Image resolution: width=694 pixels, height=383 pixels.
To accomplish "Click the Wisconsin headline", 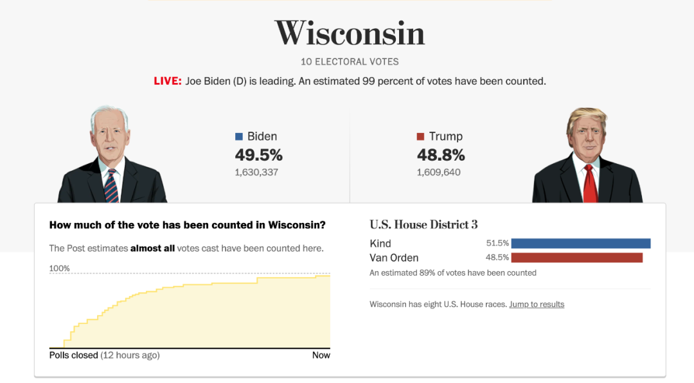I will [350, 33].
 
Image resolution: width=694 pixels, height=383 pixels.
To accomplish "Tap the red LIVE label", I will [167, 82].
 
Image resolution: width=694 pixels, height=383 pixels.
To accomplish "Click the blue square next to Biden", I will [239, 136].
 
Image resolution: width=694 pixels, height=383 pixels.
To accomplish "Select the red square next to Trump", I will [421, 136].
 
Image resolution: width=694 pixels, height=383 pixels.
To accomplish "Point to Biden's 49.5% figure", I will [258, 155].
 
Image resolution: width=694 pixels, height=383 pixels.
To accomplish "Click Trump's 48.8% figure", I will [440, 155].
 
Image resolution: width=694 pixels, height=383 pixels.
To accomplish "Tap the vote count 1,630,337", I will [256, 172].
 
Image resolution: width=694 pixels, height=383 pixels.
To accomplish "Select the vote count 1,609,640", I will [438, 172].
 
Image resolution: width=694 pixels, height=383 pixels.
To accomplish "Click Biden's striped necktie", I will [111, 186].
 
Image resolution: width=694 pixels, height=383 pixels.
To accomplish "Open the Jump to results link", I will [537, 305].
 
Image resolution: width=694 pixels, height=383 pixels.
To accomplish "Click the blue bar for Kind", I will [581, 244].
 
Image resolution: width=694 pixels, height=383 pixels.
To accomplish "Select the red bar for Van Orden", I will [577, 258].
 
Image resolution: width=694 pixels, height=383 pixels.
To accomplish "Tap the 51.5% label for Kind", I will [497, 244].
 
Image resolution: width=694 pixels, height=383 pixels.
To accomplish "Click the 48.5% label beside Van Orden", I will [497, 258].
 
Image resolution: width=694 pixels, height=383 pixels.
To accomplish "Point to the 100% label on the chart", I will [59, 269].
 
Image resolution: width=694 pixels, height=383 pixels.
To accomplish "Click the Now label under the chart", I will [321, 355].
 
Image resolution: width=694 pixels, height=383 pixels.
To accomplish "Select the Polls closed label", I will [73, 355].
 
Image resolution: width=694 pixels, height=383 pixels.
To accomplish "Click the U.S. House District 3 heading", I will [423, 224].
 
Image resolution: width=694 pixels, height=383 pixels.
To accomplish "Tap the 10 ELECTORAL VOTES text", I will [350, 62].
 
